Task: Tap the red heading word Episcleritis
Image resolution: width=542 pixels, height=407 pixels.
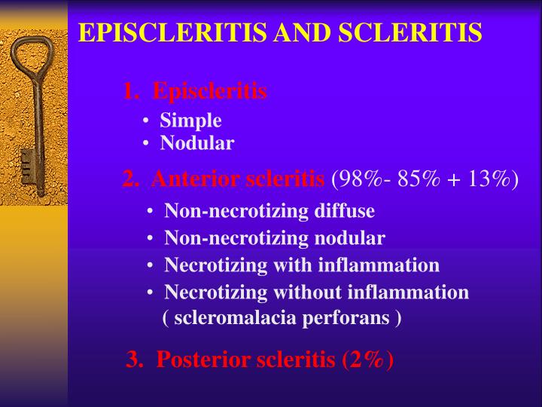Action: tap(209, 92)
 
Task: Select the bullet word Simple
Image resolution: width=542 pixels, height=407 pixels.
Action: tap(190, 121)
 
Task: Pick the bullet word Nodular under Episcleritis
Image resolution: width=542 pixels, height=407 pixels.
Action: tap(197, 143)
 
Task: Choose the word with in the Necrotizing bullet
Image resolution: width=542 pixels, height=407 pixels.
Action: tap(299, 265)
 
